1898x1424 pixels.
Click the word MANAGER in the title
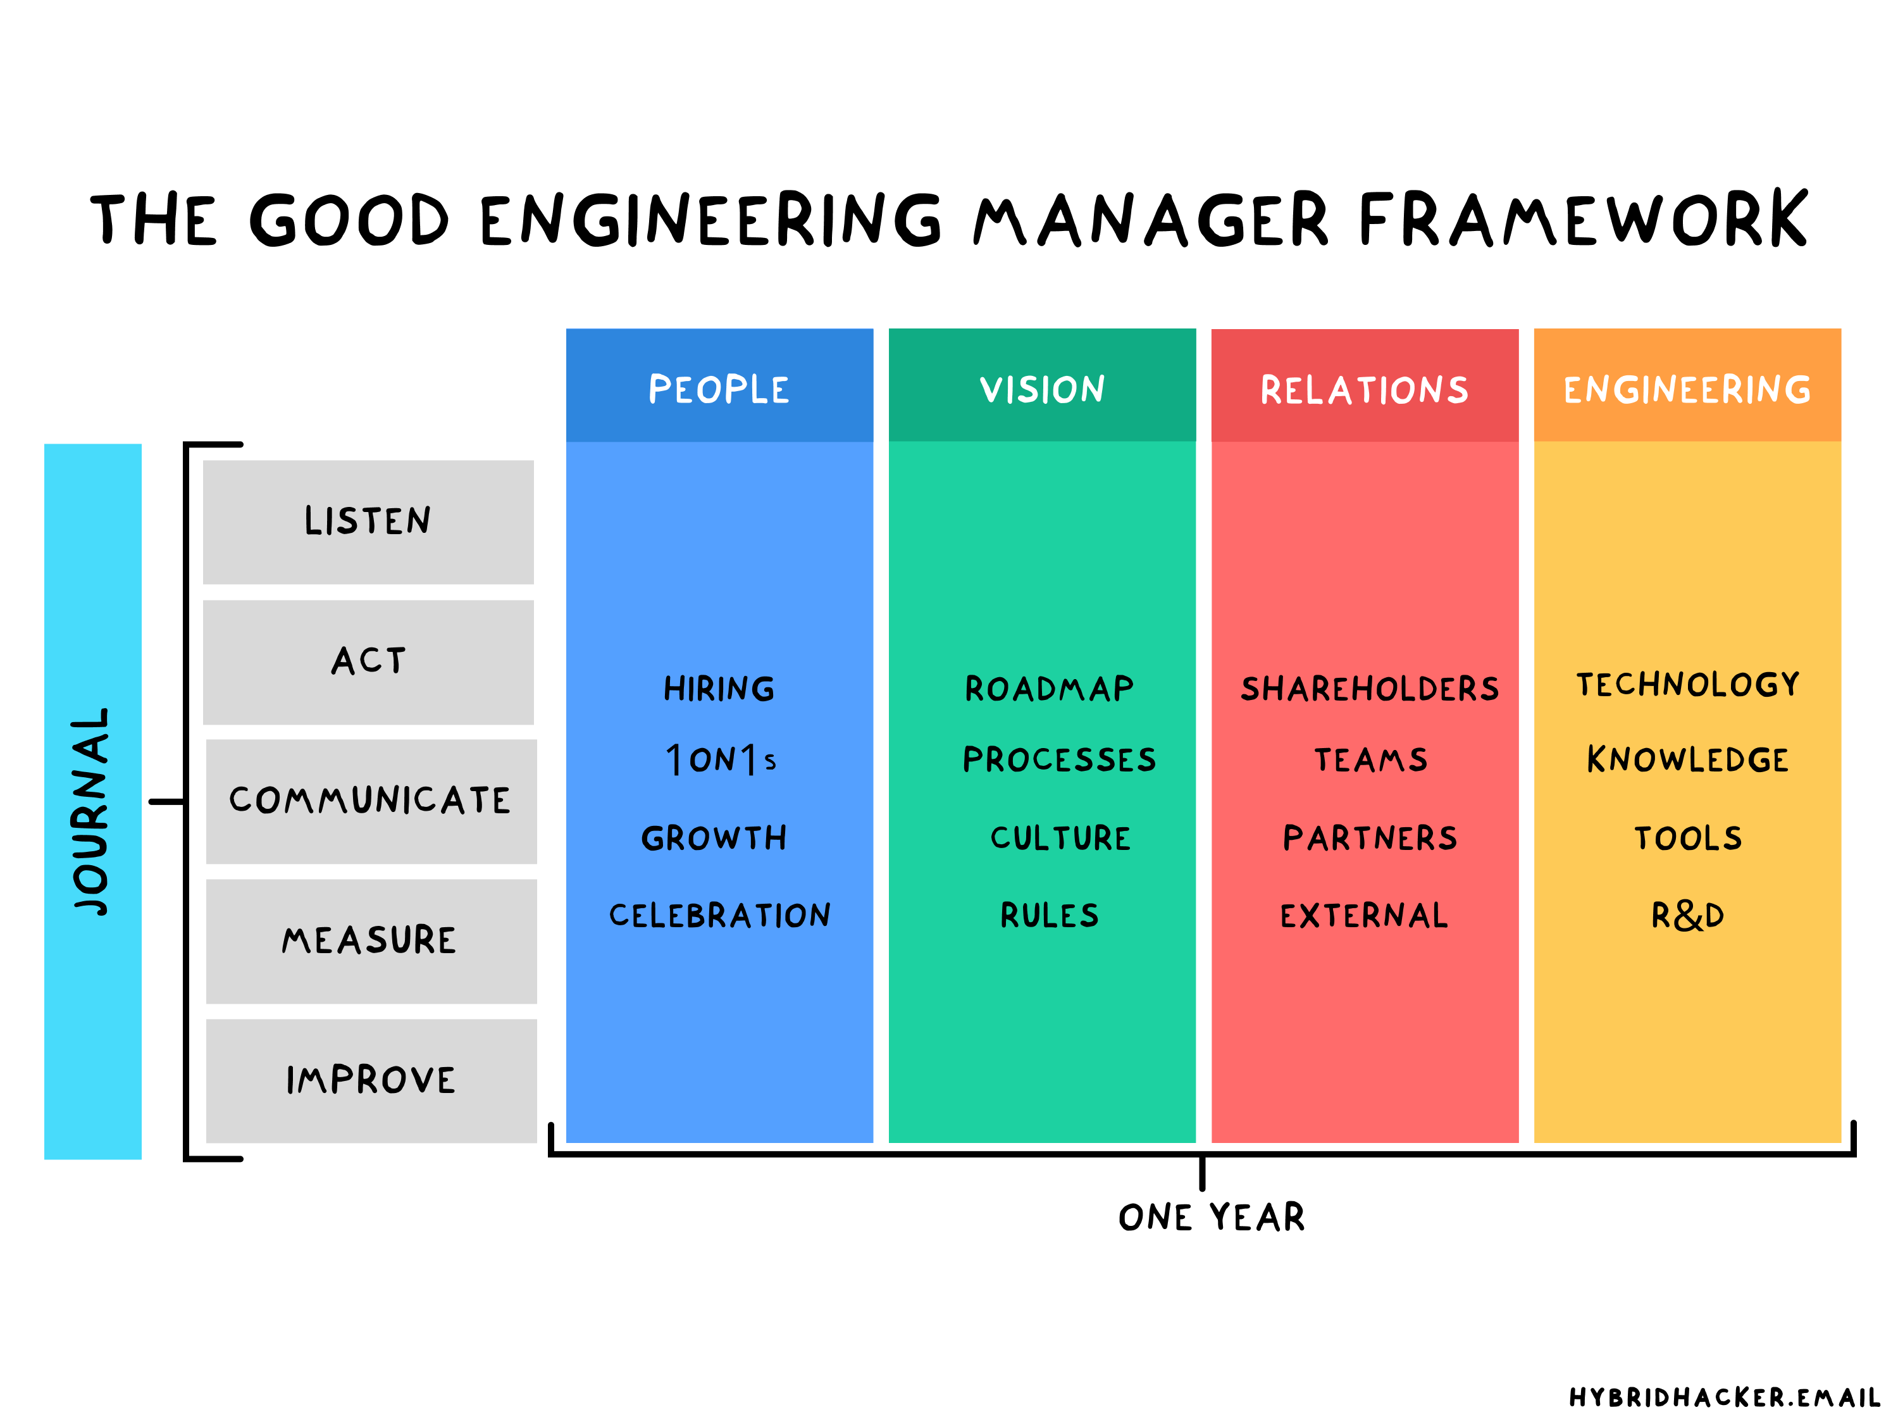[x=1150, y=220]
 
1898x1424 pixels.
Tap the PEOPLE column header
[x=719, y=389]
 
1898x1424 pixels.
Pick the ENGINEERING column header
[x=1687, y=389]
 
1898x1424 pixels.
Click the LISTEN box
[x=368, y=521]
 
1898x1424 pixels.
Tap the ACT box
[x=368, y=661]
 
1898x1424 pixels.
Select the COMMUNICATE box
[x=371, y=800]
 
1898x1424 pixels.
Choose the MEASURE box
[x=371, y=940]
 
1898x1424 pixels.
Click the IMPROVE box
[x=371, y=1080]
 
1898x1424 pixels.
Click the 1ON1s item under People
[x=721, y=759]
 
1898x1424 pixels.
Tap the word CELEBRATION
[x=720, y=915]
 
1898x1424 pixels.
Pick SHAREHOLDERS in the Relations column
[x=1370, y=689]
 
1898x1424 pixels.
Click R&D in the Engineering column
[x=1687, y=915]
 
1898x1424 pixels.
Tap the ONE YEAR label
[x=1212, y=1217]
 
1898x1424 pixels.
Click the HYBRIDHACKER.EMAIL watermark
[x=1725, y=1397]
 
